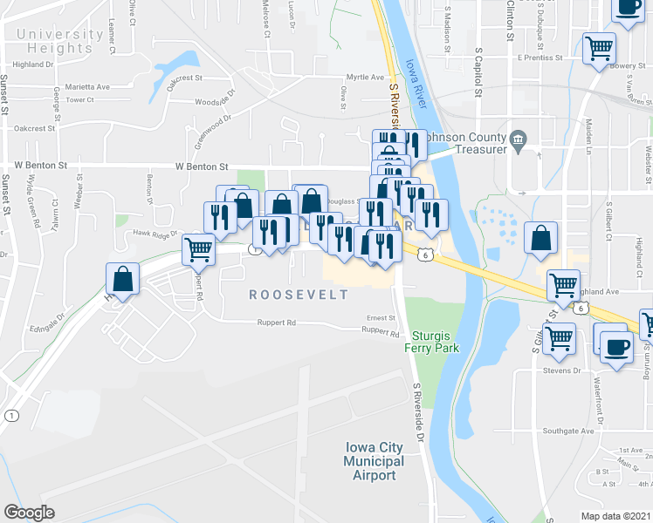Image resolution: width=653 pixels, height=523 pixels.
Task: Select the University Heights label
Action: coord(58,42)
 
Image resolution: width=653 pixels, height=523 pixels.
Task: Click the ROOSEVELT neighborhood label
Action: coord(299,295)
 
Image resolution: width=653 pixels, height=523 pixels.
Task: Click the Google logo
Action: coord(30,513)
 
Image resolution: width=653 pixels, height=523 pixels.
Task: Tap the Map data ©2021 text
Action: coord(616,516)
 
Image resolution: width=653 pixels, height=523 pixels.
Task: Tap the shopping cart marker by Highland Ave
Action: coord(564,285)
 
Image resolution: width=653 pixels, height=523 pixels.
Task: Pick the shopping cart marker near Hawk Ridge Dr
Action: coord(199,249)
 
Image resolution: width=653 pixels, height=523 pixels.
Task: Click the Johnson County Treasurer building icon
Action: coord(518,138)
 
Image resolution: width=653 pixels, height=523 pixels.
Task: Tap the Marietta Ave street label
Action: coord(92,87)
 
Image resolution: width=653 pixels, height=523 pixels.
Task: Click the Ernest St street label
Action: coord(381,318)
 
